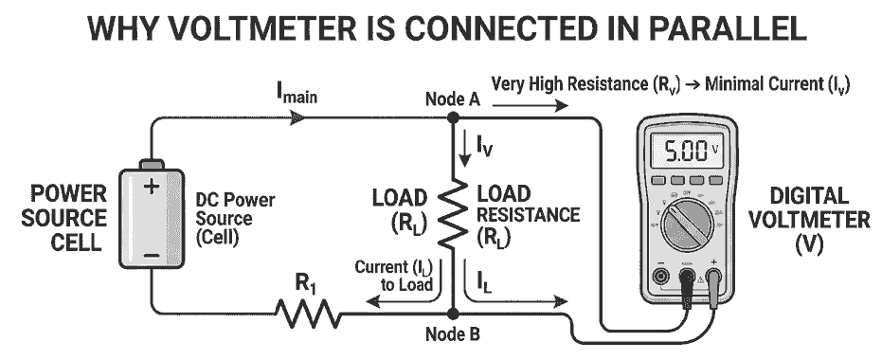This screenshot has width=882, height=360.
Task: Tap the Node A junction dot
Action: point(453,117)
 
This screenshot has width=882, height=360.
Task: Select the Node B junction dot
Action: point(453,311)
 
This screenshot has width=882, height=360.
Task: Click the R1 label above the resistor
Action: point(306,281)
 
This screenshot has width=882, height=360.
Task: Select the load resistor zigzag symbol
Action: point(453,214)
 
